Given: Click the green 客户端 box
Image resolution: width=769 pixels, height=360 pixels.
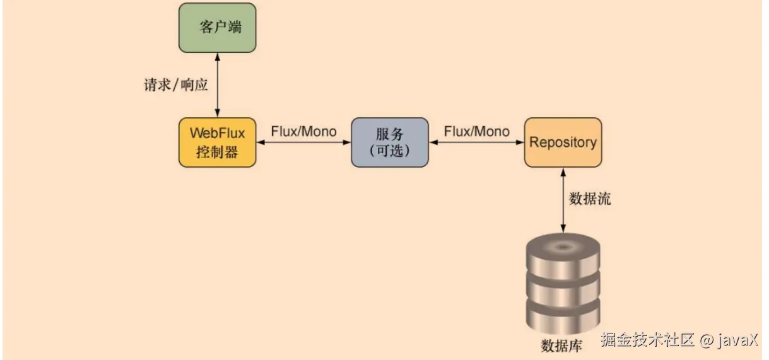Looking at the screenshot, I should (x=218, y=28).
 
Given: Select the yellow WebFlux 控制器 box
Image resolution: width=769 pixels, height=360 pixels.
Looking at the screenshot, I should (x=218, y=142).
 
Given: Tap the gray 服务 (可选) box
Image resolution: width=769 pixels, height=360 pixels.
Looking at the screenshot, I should (x=389, y=142).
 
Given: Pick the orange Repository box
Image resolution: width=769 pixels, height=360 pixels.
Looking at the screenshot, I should (x=563, y=142).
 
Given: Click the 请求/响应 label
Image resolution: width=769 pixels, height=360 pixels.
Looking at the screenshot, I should (x=176, y=85).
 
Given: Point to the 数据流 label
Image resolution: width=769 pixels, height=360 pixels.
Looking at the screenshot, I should (x=590, y=199).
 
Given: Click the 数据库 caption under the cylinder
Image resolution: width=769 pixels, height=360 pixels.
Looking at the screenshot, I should (x=562, y=345).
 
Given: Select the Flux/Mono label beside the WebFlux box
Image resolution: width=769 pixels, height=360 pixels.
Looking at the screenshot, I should (x=303, y=131).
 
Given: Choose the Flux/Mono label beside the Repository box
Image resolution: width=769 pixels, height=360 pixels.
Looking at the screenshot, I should (x=476, y=131).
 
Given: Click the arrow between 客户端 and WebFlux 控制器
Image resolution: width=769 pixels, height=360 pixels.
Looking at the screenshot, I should (x=218, y=85).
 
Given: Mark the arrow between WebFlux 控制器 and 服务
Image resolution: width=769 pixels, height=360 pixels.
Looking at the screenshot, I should (x=303, y=142).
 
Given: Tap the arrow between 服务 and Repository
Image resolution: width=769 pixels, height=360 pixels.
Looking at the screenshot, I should (x=476, y=142).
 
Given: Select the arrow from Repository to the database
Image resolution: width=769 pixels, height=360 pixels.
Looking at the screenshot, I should (x=562, y=199).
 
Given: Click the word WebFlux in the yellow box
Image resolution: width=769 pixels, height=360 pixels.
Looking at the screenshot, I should (x=218, y=134).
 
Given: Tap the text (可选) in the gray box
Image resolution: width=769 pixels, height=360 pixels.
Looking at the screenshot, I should (x=389, y=151).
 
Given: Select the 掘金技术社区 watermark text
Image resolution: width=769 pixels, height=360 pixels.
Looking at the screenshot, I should (x=647, y=340).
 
